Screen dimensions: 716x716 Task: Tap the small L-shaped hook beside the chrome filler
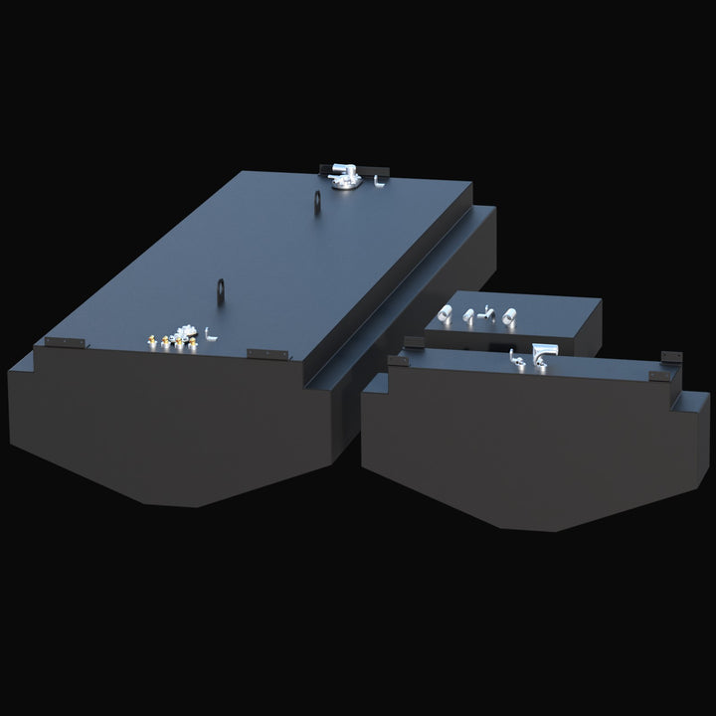tap(381, 182)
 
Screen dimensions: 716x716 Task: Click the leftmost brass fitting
tap(150, 341)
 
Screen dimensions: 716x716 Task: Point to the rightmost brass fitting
tap(194, 340)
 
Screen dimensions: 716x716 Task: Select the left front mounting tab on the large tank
tap(64, 343)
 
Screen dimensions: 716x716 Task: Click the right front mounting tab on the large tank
tap(267, 354)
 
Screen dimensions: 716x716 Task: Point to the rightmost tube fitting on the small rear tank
tap(508, 316)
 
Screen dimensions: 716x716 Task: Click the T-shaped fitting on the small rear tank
tap(486, 313)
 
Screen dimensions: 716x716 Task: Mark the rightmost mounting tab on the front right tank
tap(674, 355)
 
